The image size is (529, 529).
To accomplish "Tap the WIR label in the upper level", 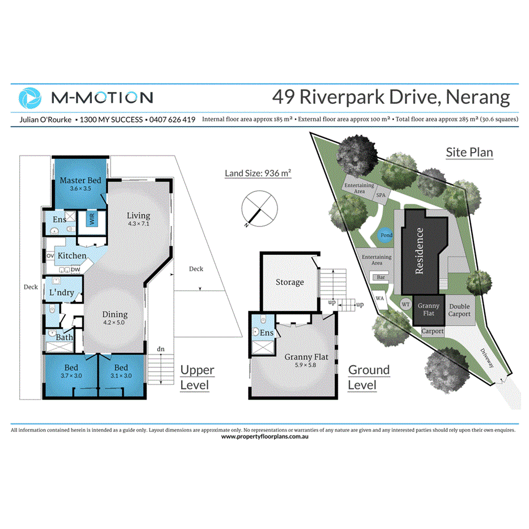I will pos(90,219).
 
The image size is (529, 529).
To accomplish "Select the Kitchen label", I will pos(72,256).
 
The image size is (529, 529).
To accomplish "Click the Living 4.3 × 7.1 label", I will pos(138,219).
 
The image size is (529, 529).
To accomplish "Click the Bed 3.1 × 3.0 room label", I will pos(120,371).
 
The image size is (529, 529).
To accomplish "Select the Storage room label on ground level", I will pos(289,282).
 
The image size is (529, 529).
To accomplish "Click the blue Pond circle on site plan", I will pos(386,236).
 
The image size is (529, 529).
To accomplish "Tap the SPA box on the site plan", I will pos(380,195).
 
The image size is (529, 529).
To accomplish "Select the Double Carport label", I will pos(459,310).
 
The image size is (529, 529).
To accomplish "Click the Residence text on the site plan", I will pos(420,251).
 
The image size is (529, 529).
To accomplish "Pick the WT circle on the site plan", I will pos(405,304).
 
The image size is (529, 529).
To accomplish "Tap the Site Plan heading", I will pos(469,152).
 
